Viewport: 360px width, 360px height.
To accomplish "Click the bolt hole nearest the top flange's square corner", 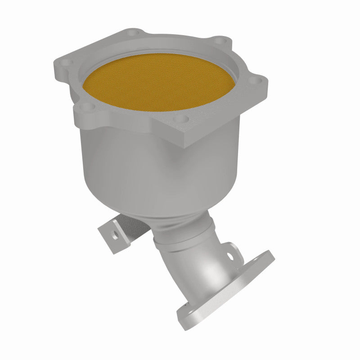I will point(182,119).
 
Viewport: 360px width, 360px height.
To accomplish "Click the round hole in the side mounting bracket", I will point(115,234).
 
